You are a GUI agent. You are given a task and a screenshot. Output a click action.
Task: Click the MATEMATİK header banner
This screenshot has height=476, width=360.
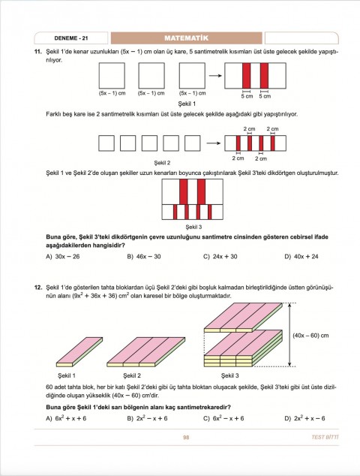point(185,38)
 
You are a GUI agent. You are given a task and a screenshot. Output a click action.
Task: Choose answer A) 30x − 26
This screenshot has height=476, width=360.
point(63,256)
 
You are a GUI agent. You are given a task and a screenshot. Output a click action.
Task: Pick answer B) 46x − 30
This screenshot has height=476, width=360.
point(144,256)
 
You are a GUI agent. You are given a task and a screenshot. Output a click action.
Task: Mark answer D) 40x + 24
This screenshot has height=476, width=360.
point(301,256)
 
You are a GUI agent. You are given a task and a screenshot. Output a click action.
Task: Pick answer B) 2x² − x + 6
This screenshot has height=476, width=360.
point(147,417)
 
